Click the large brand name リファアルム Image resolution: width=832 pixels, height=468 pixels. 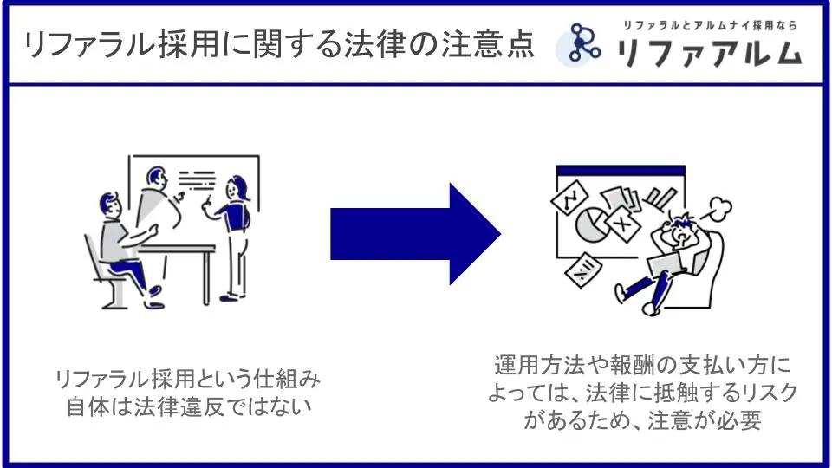[x=709, y=53]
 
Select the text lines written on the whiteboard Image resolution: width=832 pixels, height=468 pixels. [x=197, y=179]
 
